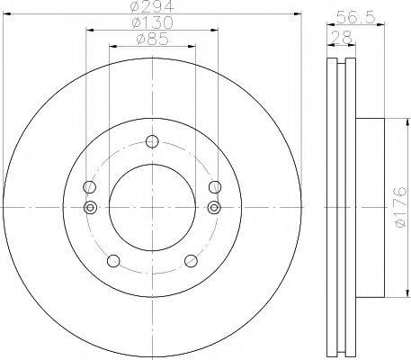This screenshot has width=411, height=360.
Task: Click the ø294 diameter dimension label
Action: coord(152,6)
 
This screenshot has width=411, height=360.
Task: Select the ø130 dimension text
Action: coord(152,22)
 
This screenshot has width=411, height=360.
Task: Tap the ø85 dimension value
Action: coord(152,39)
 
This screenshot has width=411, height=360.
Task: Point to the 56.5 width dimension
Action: coord(355,17)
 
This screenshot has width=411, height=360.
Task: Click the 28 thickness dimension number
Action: coord(342,38)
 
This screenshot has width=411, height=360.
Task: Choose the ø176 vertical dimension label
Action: coord(400,207)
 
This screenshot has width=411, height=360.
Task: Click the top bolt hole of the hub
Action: coord(152,141)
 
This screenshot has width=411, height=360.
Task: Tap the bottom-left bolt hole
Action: coord(113,261)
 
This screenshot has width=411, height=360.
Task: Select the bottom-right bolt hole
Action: coord(191,261)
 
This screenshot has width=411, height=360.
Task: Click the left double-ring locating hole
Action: coord(90,207)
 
